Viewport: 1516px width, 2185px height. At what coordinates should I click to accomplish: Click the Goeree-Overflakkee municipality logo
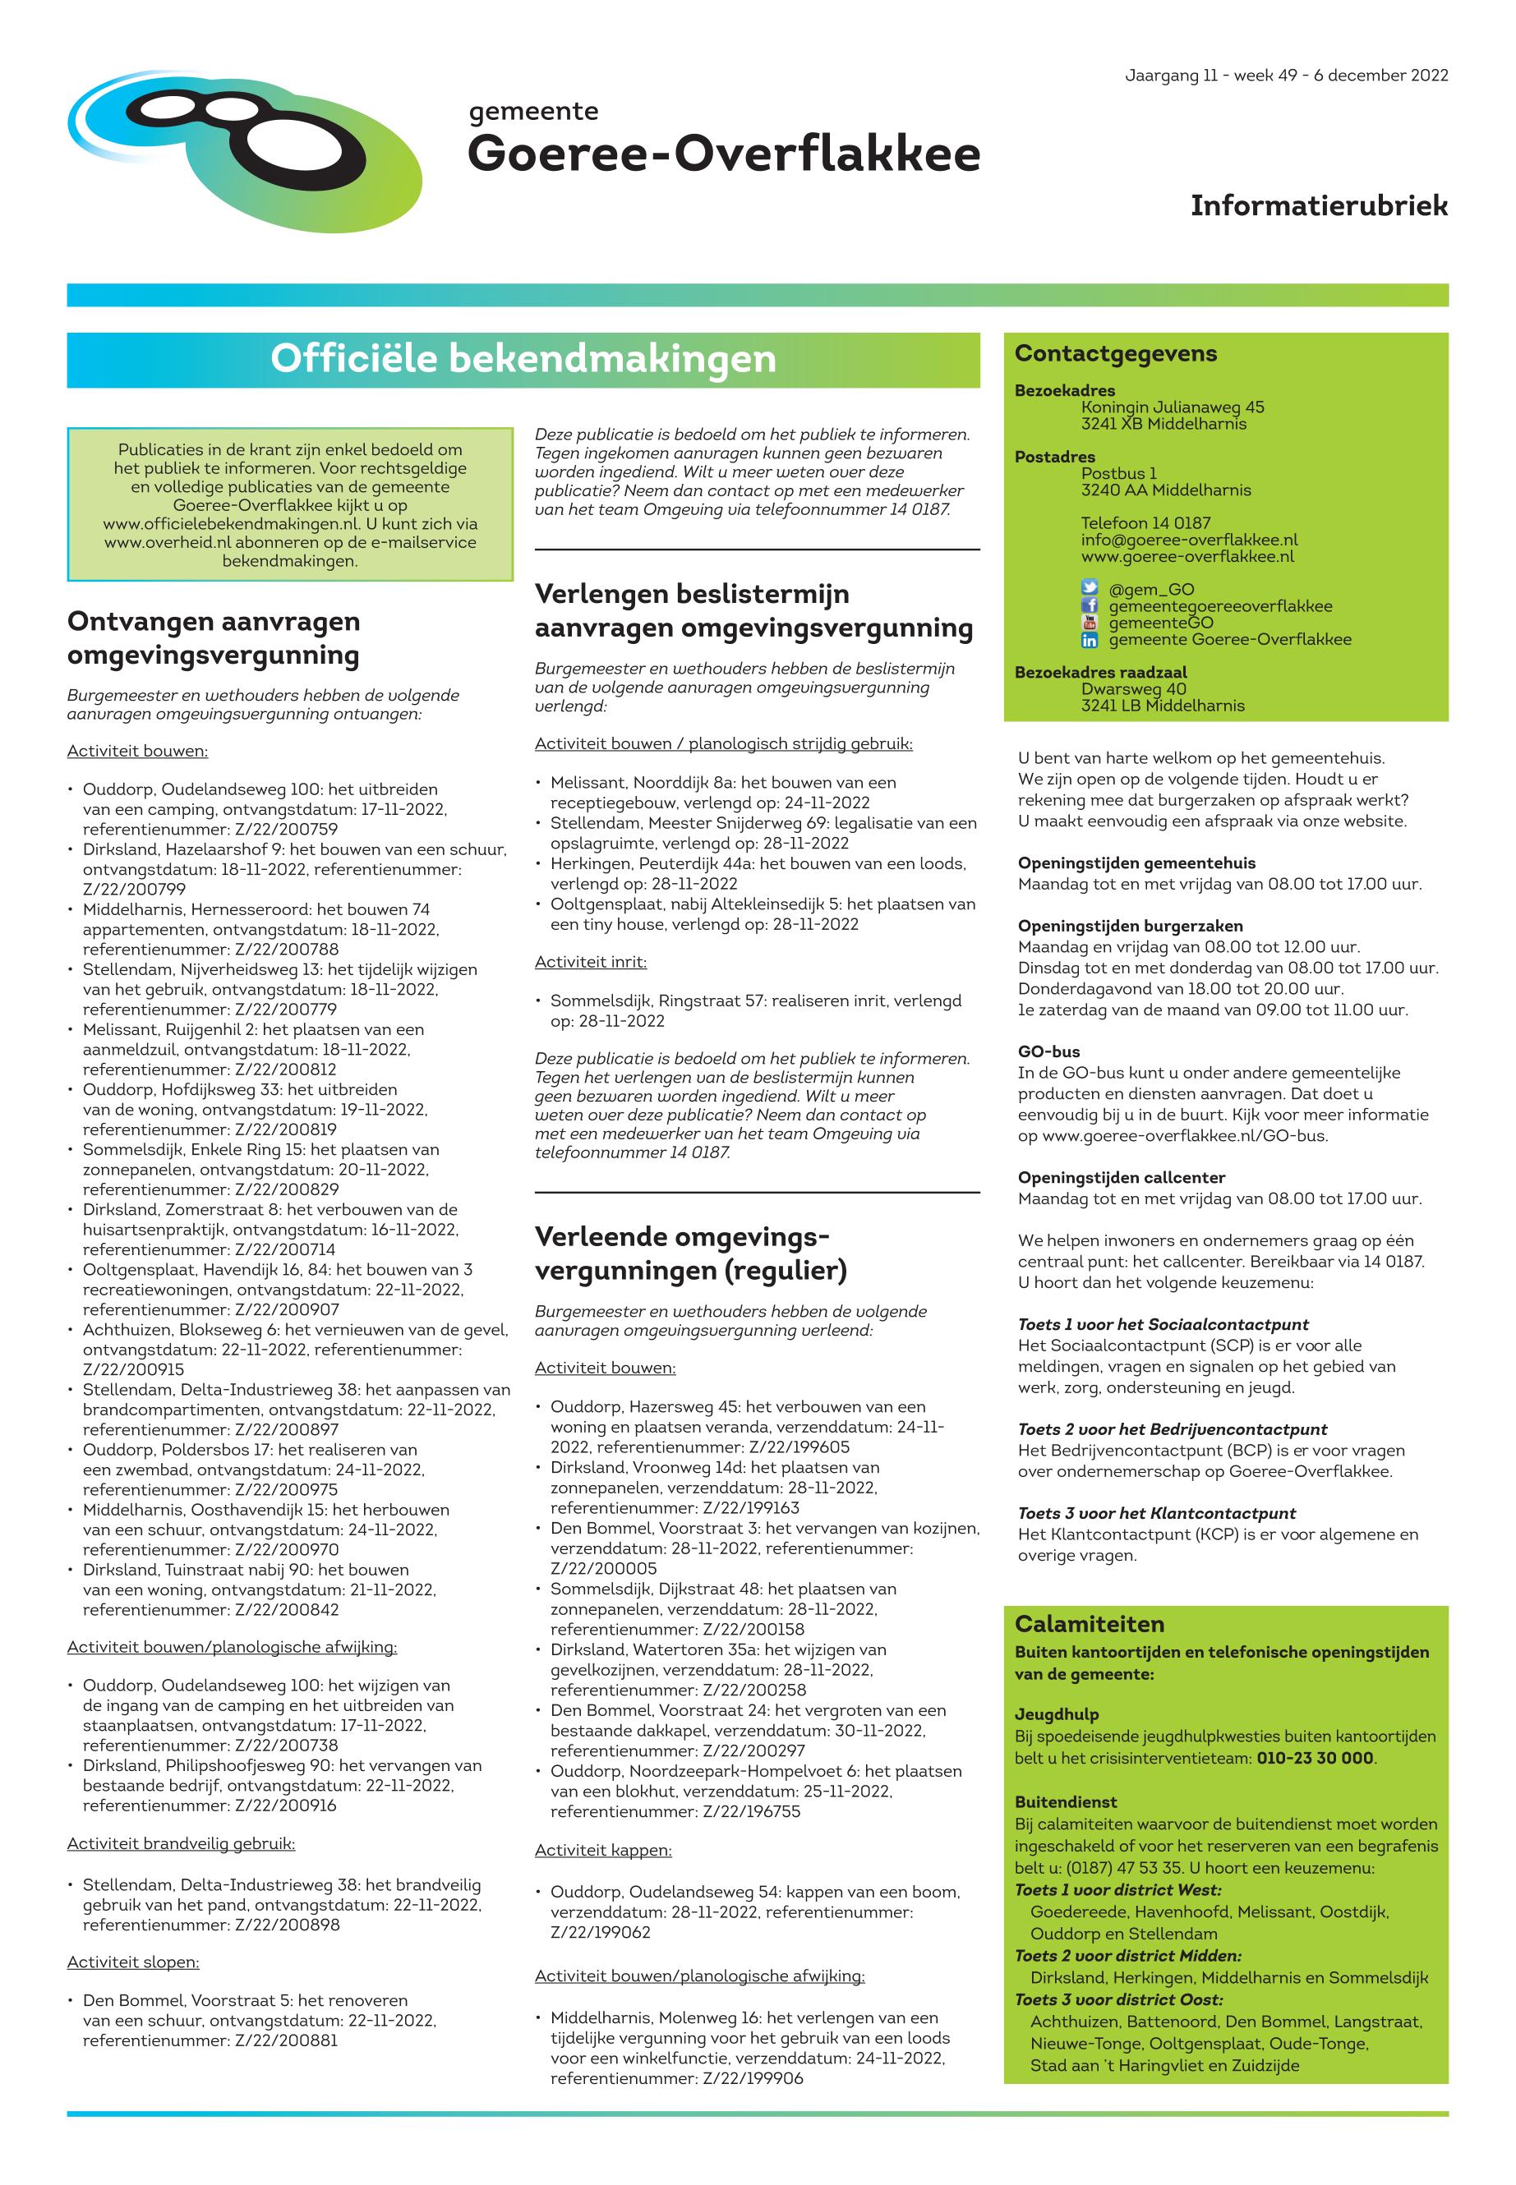point(245,150)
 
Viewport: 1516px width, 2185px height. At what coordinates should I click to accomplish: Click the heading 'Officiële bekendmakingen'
point(523,359)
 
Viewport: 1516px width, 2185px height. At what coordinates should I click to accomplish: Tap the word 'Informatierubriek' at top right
point(1319,205)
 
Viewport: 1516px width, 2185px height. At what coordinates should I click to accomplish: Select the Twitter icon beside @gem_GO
point(1090,589)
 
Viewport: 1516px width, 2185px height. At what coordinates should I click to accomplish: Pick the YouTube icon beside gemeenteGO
point(1090,623)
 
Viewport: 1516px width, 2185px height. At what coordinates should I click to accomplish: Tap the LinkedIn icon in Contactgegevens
point(1090,640)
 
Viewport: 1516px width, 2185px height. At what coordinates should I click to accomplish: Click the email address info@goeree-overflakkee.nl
point(1188,540)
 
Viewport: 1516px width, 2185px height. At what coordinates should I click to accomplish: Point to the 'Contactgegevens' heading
point(1115,353)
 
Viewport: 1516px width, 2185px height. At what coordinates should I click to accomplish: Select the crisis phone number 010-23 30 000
point(1315,1758)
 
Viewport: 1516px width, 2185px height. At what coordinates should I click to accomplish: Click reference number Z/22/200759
point(286,829)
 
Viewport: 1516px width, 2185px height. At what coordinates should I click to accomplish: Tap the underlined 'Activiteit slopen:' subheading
point(133,1962)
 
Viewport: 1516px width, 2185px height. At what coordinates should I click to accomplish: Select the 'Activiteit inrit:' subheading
point(590,962)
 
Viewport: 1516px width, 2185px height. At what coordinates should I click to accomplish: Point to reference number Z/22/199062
point(601,1932)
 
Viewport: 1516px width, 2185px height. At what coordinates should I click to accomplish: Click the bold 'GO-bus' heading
point(1048,1052)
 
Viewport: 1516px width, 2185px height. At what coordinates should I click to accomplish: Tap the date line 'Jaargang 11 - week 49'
point(1286,76)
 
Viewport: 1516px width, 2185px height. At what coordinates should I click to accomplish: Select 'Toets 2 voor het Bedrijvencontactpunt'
point(1173,1429)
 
